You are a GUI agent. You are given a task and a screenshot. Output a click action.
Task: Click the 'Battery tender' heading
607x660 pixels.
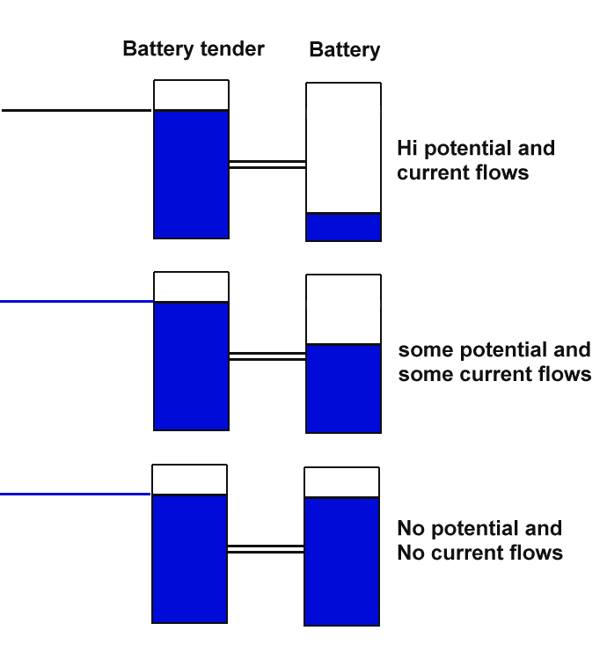pyautogui.click(x=194, y=48)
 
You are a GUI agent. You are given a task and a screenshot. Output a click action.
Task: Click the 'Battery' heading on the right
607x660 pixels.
pyautogui.click(x=344, y=50)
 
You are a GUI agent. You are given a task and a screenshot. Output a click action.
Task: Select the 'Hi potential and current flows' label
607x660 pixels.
pyautogui.click(x=475, y=160)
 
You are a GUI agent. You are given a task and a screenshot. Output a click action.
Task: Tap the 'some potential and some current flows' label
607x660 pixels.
pyautogui.click(x=494, y=362)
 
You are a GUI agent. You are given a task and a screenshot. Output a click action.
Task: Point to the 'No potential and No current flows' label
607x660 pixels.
pyautogui.click(x=479, y=540)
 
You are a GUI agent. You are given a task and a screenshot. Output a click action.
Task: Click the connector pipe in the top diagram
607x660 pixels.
pyautogui.click(x=267, y=164)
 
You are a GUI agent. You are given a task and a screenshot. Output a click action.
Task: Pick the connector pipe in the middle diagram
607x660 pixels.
pyautogui.click(x=267, y=356)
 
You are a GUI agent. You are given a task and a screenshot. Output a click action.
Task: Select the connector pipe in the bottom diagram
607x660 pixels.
pyautogui.click(x=266, y=548)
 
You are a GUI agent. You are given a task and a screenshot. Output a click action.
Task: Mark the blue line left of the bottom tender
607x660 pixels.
pyautogui.click(x=76, y=494)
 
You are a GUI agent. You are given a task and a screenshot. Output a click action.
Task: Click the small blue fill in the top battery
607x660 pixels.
pyautogui.click(x=343, y=228)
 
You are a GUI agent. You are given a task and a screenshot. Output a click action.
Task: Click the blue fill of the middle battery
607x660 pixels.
pyautogui.click(x=343, y=389)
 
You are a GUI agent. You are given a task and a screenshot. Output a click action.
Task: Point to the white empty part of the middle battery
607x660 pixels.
pyautogui.click(x=343, y=309)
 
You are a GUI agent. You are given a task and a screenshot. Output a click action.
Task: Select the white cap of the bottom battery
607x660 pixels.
pyautogui.click(x=341, y=482)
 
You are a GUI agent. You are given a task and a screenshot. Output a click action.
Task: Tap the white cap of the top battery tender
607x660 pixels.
pyautogui.click(x=191, y=95)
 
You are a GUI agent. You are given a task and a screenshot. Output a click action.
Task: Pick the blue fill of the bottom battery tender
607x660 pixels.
pyautogui.click(x=189, y=559)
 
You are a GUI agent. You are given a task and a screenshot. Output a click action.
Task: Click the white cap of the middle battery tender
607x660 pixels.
pyautogui.click(x=191, y=287)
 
